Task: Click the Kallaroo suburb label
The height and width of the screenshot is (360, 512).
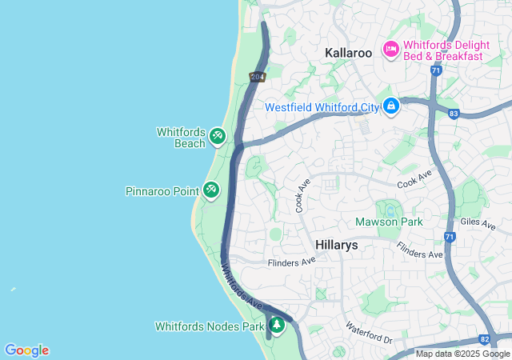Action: click(349, 52)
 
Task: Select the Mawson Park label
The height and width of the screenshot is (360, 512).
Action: click(389, 222)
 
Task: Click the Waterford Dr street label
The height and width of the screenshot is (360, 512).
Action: click(369, 334)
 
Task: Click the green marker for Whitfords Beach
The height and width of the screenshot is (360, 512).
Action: click(217, 138)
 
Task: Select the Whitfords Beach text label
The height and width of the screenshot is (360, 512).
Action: click(181, 138)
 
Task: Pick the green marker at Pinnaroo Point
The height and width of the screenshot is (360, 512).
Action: click(211, 190)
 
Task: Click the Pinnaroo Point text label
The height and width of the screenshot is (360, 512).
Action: click(162, 191)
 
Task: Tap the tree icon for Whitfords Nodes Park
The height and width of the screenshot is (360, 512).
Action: click(276, 326)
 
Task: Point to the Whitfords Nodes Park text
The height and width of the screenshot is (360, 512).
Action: click(209, 326)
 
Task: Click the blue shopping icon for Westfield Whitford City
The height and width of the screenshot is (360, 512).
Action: click(390, 106)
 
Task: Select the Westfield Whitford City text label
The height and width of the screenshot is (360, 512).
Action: click(322, 106)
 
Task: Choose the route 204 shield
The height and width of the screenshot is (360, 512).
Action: click(257, 77)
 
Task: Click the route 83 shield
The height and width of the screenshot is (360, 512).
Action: click(454, 114)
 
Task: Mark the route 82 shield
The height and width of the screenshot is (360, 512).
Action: click(484, 339)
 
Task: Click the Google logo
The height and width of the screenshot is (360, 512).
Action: click(26, 350)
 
